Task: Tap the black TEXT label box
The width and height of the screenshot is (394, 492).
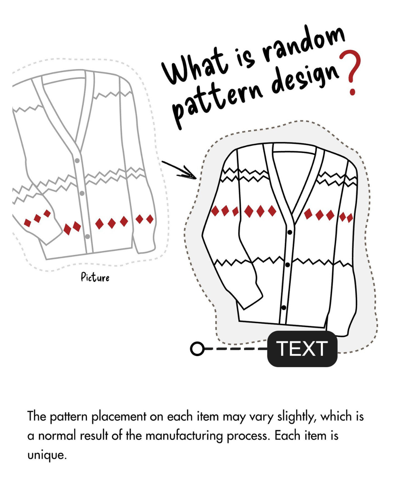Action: (x=302, y=349)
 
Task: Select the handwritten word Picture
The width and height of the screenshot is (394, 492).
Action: (x=95, y=278)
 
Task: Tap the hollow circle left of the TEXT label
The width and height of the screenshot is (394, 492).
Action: (x=197, y=349)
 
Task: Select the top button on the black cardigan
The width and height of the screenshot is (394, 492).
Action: (x=290, y=232)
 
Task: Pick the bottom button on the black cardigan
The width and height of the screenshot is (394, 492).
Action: (x=284, y=308)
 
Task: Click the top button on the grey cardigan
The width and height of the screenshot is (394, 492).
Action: (x=77, y=161)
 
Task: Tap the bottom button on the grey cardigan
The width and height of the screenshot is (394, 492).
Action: (x=87, y=237)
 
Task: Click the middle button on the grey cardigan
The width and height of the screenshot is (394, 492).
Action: (x=82, y=194)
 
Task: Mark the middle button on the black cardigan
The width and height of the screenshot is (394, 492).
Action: (x=287, y=265)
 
